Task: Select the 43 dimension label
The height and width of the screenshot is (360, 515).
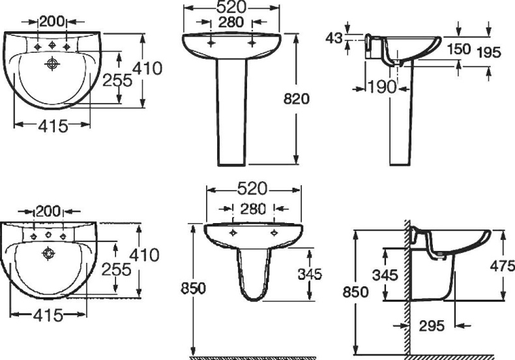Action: coord(334,38)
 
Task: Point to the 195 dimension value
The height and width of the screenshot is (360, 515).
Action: coord(489,53)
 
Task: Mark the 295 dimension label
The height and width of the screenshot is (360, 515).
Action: coord(432,325)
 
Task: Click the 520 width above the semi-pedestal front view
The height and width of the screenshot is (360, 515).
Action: coord(253,189)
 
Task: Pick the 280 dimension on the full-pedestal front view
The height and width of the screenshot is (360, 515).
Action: coord(231,23)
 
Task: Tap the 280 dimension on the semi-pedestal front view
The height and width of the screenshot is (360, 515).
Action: coord(253,209)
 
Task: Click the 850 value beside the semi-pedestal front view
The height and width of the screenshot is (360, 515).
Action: coord(194,287)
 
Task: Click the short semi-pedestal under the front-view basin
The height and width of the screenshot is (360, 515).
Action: coord(253,274)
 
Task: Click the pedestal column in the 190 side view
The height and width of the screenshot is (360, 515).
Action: coord(400,117)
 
